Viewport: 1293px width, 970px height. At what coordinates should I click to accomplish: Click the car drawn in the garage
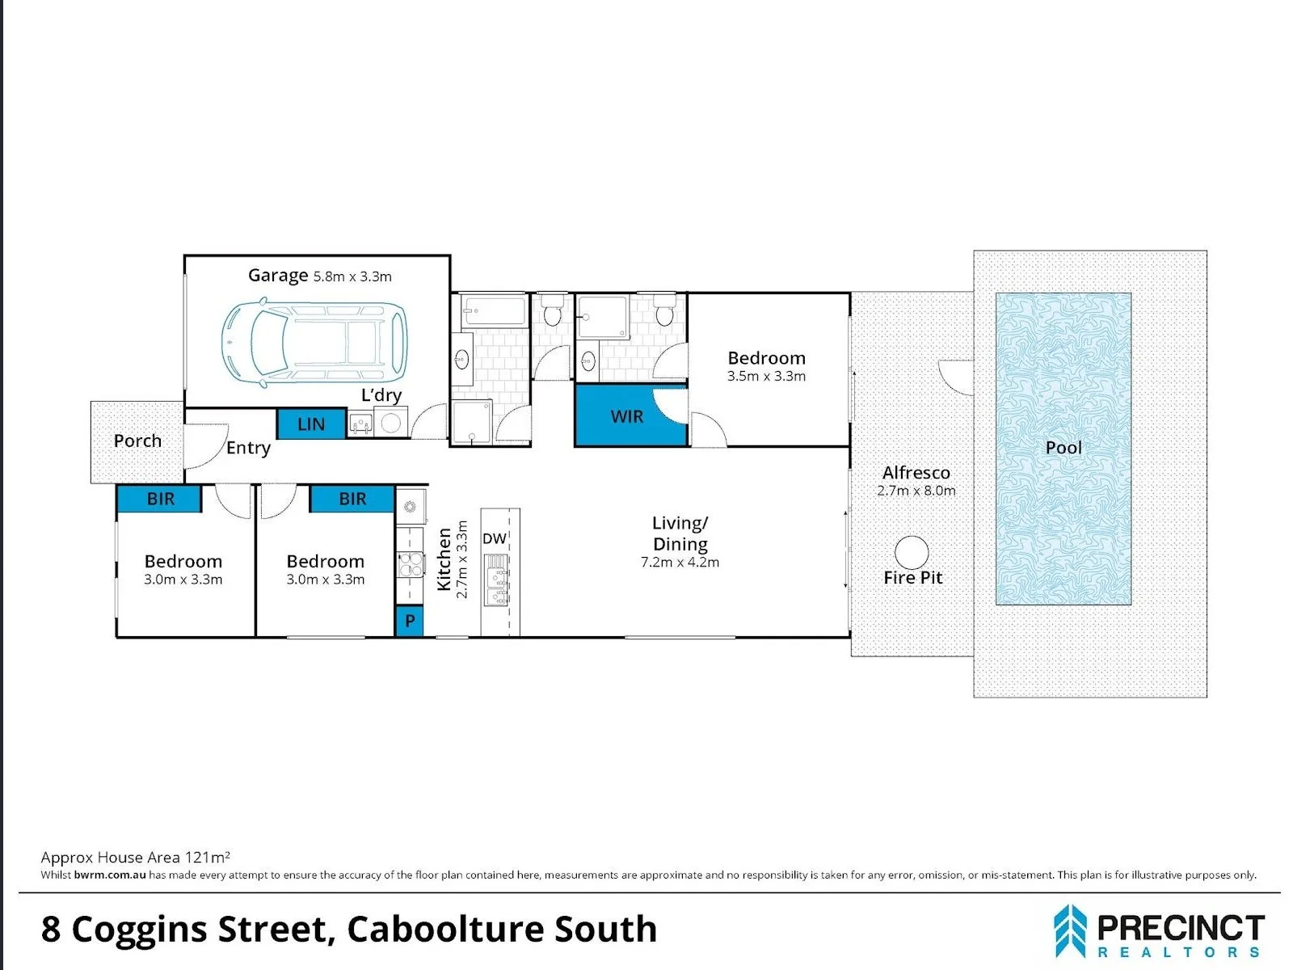coord(314,344)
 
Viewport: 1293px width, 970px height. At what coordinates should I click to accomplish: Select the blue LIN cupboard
coord(311,424)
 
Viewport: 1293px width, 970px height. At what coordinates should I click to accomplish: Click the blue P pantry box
coord(410,620)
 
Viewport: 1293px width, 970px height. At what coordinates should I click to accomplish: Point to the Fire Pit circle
coord(912,552)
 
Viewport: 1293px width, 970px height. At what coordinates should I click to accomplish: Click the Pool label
coord(1063,448)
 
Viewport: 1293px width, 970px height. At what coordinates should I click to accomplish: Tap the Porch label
coord(137,441)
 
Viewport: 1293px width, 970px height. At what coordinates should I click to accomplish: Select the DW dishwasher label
coord(495,538)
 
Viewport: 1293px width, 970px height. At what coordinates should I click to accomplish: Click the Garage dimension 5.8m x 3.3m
coord(352,276)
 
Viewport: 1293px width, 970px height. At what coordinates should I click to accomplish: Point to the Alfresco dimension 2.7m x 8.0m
coord(916,490)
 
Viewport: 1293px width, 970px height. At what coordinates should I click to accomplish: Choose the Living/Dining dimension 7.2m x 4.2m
coord(680,562)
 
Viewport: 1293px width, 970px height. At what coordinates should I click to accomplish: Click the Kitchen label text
coord(444,559)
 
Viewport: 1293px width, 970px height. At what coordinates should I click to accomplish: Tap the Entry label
coord(248,448)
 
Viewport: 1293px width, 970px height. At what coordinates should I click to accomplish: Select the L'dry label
coord(381,395)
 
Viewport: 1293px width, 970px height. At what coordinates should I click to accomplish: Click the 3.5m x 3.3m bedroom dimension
coord(766,376)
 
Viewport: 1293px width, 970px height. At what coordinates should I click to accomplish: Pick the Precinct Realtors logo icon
coord(1070,930)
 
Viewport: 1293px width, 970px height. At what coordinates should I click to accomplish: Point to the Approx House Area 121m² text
coord(135,857)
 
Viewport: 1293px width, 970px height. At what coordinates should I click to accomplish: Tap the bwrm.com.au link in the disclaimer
coord(110,875)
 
